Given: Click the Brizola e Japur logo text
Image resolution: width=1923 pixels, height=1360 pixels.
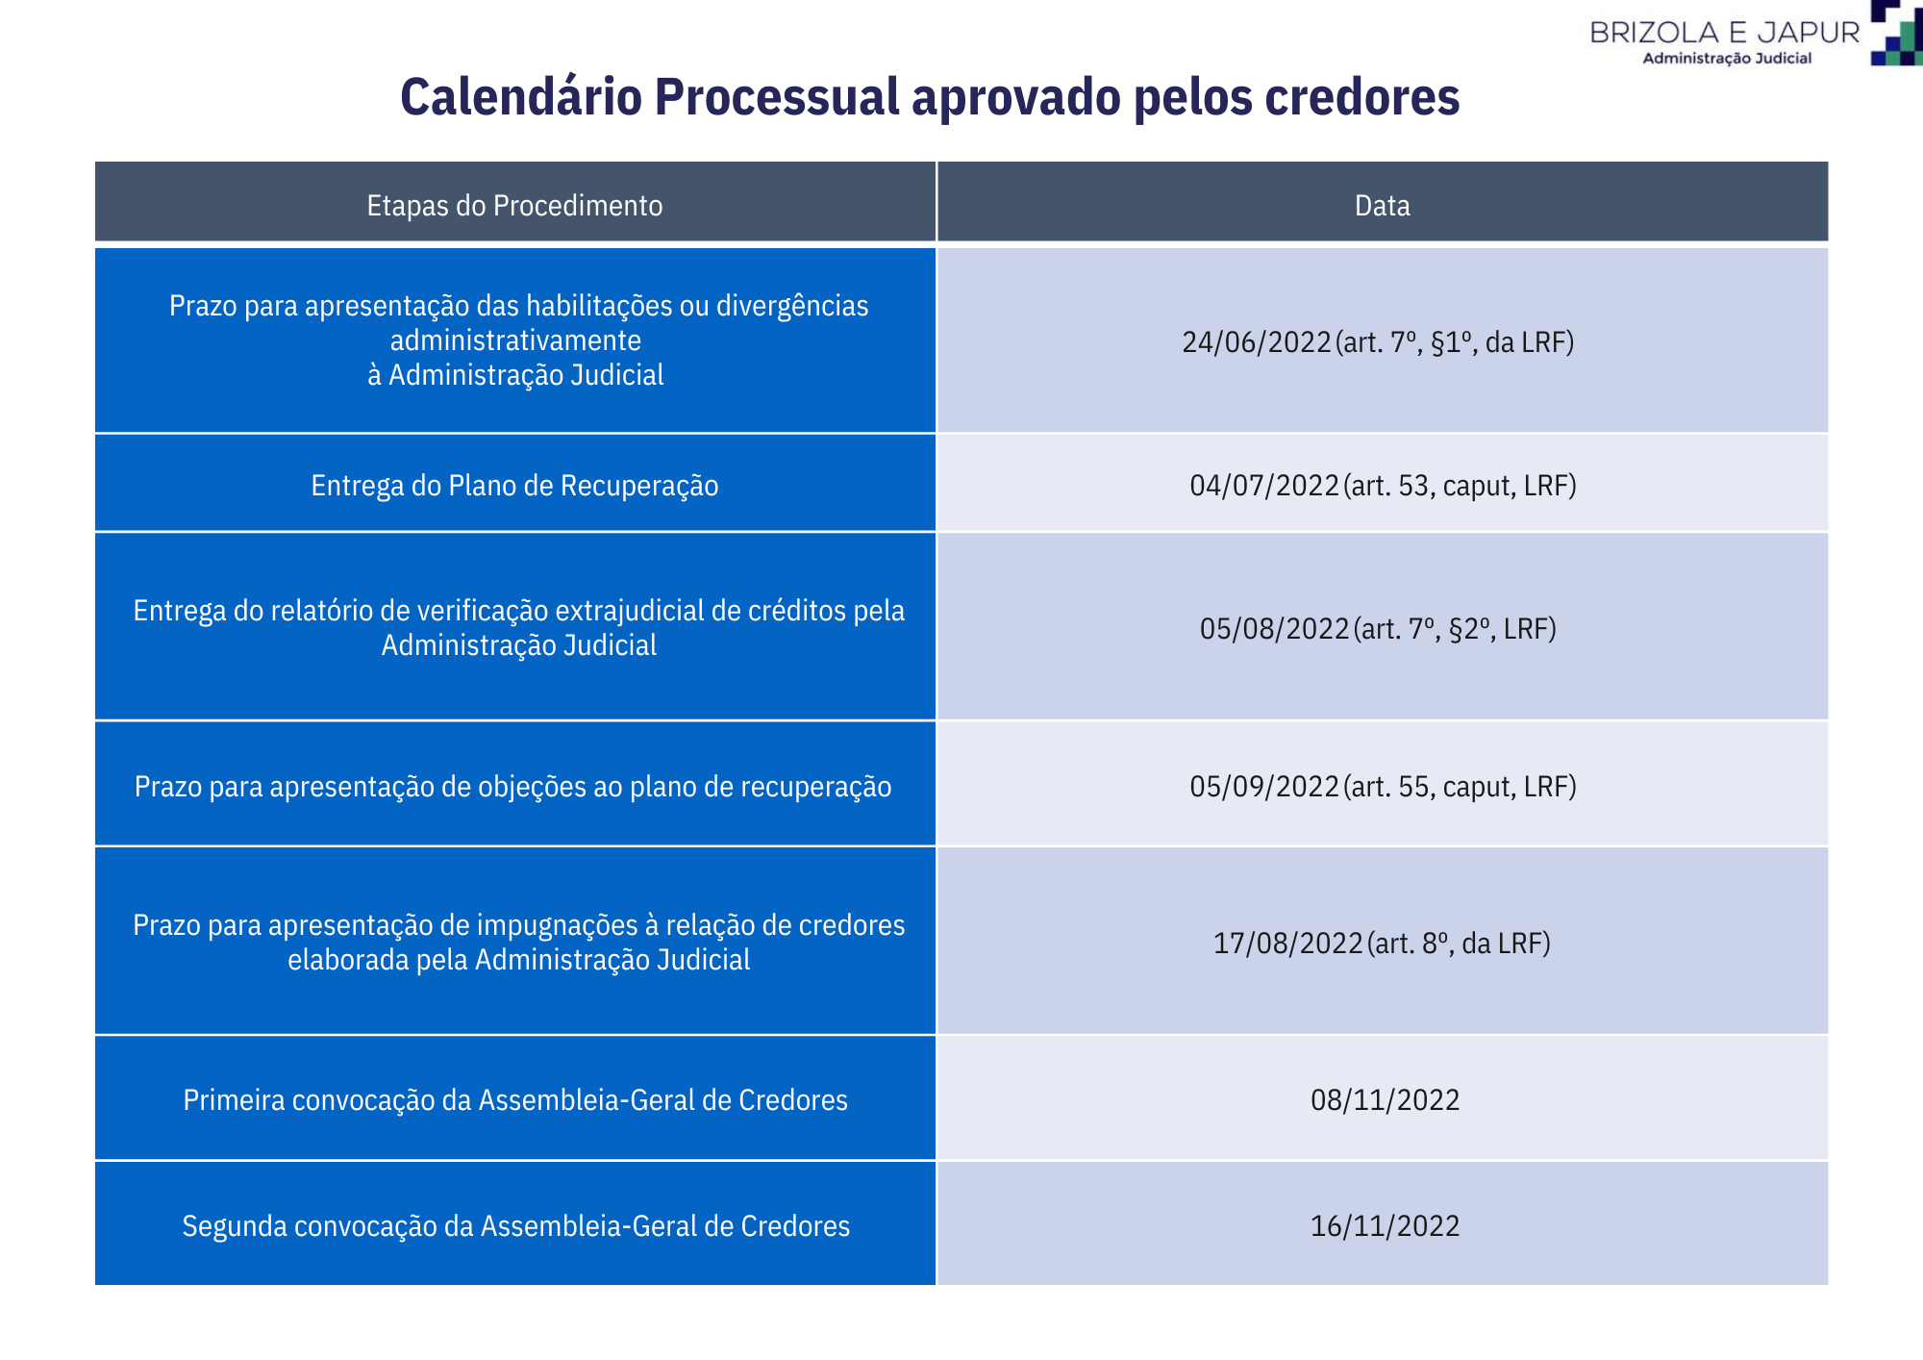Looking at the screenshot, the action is tap(1725, 33).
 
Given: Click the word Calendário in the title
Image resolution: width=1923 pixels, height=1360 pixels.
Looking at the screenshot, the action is tap(521, 97).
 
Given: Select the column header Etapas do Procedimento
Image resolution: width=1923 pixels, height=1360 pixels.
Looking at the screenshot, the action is tap(514, 205).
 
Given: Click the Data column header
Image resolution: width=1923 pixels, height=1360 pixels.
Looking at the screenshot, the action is tap(1382, 205).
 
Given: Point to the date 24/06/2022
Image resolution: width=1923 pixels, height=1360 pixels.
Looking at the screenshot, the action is tap(1257, 342).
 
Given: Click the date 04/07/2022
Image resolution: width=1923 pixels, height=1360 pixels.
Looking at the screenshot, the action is tap(1264, 485).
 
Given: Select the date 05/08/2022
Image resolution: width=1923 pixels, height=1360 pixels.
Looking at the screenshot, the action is tap(1275, 628).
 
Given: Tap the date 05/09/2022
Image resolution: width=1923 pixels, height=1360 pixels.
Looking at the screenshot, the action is tap(1264, 786).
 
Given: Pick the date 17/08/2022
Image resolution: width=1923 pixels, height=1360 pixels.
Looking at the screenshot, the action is tap(1288, 943).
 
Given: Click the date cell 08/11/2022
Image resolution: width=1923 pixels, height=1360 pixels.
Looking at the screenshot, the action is tap(1385, 1099).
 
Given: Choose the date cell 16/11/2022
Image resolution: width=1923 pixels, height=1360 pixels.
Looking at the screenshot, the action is tap(1385, 1225).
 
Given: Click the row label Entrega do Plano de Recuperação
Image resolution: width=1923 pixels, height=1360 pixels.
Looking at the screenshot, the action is tap(514, 486).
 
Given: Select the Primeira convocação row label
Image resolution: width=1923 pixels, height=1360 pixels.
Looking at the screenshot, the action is tap(515, 1099).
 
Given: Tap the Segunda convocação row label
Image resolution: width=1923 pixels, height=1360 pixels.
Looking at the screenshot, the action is tap(516, 1225).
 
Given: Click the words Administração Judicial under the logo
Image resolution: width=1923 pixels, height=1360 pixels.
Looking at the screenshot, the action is tap(1726, 58).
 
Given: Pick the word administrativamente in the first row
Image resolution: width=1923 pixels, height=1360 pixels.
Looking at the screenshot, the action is tap(515, 340).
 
